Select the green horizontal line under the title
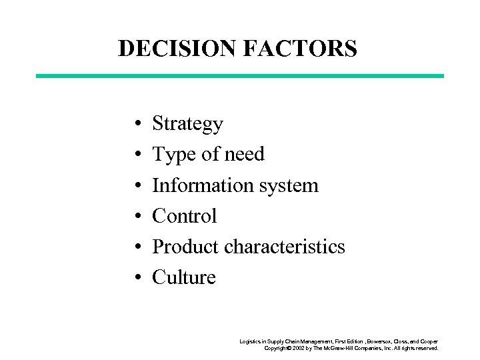click(239, 76)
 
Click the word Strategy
click(187, 124)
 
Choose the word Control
click(185, 215)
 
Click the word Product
click(186, 246)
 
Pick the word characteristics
click(285, 246)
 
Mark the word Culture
click(184, 277)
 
